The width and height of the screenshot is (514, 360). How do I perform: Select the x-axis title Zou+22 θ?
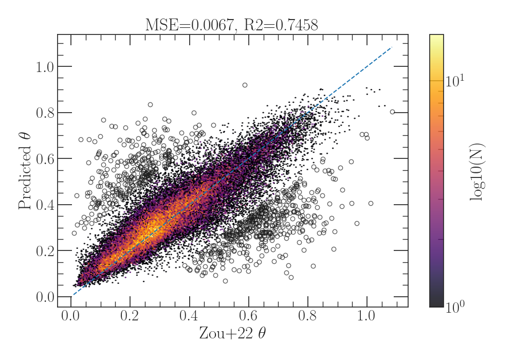[232, 334]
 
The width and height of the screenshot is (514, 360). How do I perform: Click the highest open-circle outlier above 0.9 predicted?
[245, 85]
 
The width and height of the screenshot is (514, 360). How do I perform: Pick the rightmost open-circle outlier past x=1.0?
[392, 112]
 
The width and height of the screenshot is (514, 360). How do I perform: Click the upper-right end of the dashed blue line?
[392, 47]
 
